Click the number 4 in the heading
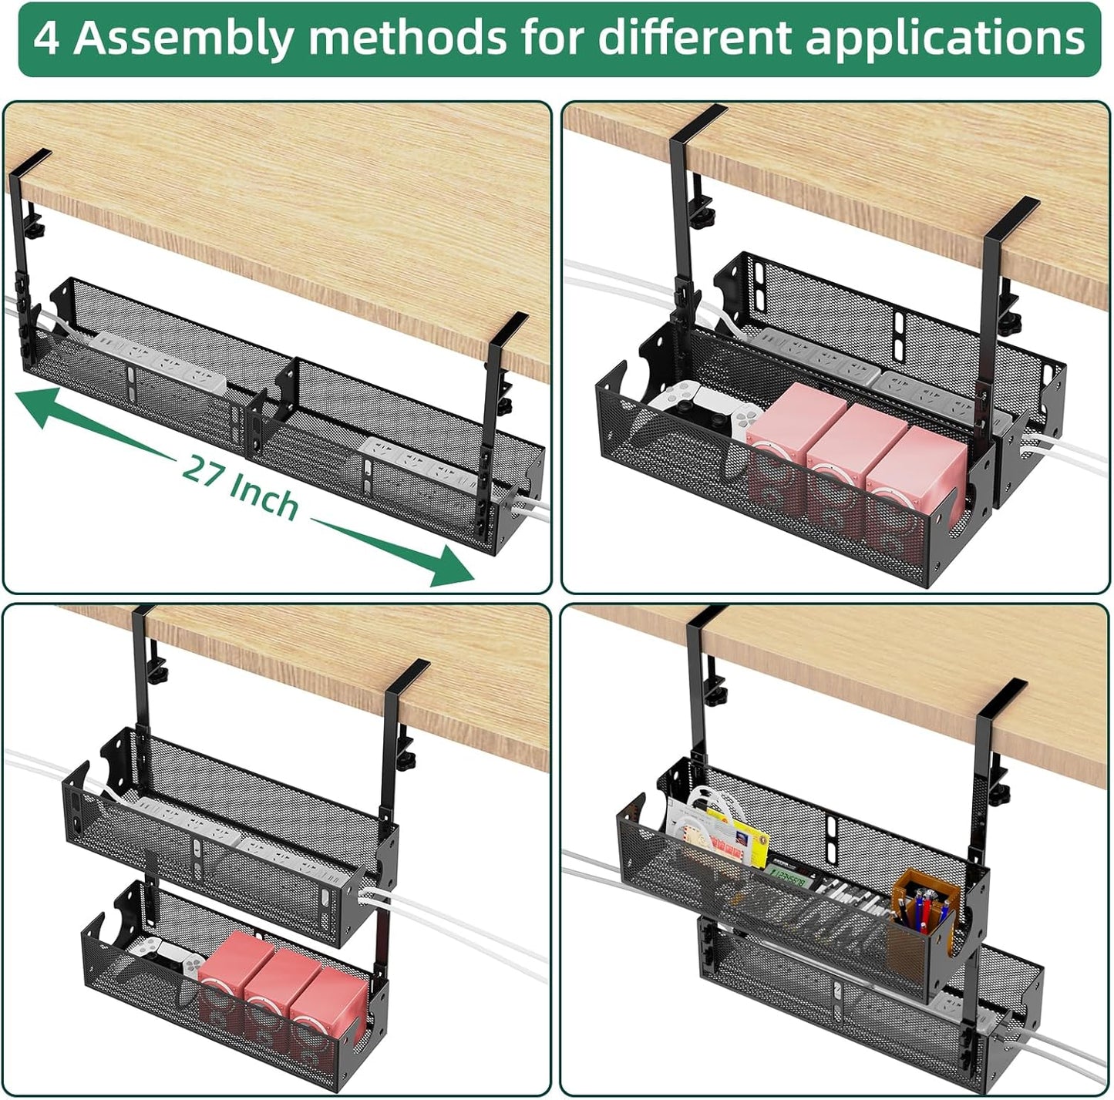[46, 38]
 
